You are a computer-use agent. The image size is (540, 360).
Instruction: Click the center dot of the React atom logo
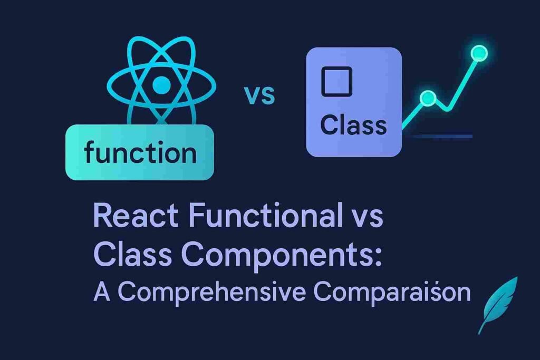tap(161, 83)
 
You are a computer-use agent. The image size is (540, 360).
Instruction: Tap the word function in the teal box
tap(140, 153)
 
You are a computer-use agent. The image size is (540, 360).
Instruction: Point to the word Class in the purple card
tap(353, 125)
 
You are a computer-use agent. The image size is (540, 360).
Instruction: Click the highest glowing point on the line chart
tap(479, 53)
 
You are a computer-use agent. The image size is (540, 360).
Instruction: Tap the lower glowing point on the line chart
tap(428, 98)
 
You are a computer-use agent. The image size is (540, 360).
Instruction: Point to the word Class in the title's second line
tap(128, 255)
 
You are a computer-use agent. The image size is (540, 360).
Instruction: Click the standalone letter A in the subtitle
tap(102, 291)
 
